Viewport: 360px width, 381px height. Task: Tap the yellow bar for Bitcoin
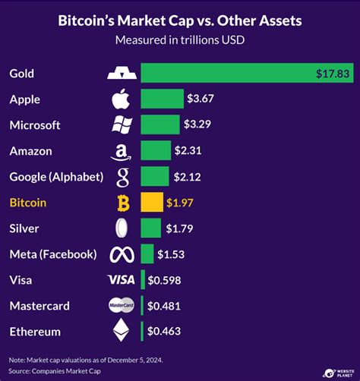pyautogui.click(x=152, y=203)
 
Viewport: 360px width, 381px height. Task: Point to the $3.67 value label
pyautogui.click(x=201, y=99)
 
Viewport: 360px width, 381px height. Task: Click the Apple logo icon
pyautogui.click(x=122, y=99)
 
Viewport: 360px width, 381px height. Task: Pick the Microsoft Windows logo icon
pyautogui.click(x=122, y=125)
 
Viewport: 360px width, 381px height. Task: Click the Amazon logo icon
pyautogui.click(x=122, y=152)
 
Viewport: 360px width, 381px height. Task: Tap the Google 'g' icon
pyautogui.click(x=122, y=178)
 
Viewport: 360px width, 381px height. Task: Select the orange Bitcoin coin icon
pyautogui.click(x=122, y=203)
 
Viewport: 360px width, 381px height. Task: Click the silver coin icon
pyautogui.click(x=122, y=228)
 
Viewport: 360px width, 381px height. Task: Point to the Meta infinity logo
pyautogui.click(x=122, y=254)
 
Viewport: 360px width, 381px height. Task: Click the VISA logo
pyautogui.click(x=122, y=280)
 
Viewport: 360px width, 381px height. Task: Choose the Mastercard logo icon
pyautogui.click(x=122, y=306)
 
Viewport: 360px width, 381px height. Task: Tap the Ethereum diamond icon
pyautogui.click(x=122, y=331)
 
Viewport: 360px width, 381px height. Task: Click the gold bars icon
pyautogui.click(x=122, y=74)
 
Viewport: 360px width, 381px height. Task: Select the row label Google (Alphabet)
pyautogui.click(x=55, y=177)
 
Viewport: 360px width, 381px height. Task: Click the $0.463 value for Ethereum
pyautogui.click(x=164, y=332)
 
